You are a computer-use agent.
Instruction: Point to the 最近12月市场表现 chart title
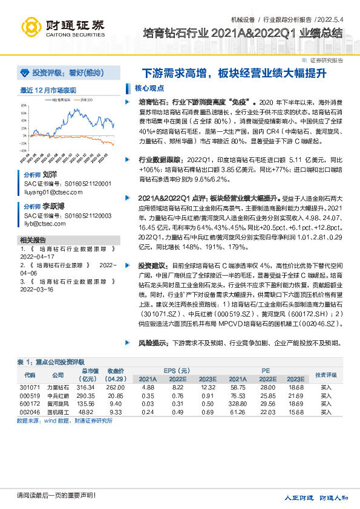point(48,90)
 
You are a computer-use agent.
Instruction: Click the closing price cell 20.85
point(116,396)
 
